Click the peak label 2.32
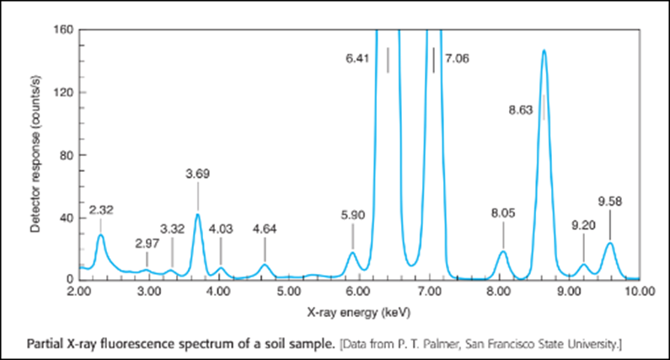point(100,208)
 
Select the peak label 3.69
point(197,175)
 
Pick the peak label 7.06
point(456,60)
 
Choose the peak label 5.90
point(353,215)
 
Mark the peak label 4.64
point(265,228)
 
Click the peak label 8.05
point(502,215)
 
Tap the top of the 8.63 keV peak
point(544,51)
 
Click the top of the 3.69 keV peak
point(198,214)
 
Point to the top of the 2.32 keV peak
point(100,235)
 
